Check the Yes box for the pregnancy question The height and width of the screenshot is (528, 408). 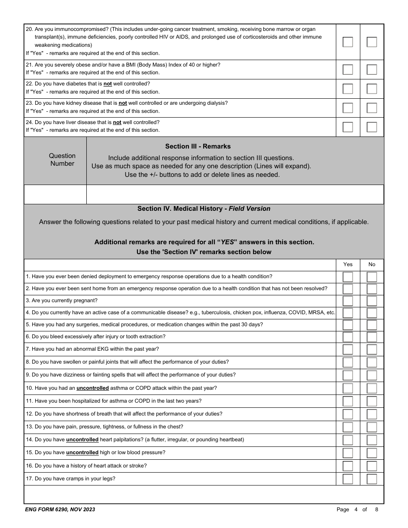[348, 301]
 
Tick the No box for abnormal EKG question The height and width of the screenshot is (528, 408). [372, 349]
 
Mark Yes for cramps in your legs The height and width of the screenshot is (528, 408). [348, 479]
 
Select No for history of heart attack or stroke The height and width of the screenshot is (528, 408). [372, 466]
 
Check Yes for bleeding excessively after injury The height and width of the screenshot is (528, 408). [348, 337]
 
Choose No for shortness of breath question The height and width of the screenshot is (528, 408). [372, 414]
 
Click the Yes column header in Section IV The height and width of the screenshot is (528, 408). [348, 264]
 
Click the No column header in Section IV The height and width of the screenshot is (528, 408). [372, 264]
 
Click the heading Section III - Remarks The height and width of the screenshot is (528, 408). [198, 146]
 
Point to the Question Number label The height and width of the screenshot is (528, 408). [62, 160]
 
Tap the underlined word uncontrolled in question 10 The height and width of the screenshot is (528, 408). [93, 388]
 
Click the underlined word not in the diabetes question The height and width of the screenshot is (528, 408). [107, 84]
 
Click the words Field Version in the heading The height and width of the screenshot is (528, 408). [250, 209]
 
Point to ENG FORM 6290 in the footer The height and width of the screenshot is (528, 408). [46, 510]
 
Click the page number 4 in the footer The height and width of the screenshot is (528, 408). [356, 510]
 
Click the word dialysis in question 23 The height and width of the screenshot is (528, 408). [217, 103]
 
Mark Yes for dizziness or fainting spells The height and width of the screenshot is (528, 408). [348, 375]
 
